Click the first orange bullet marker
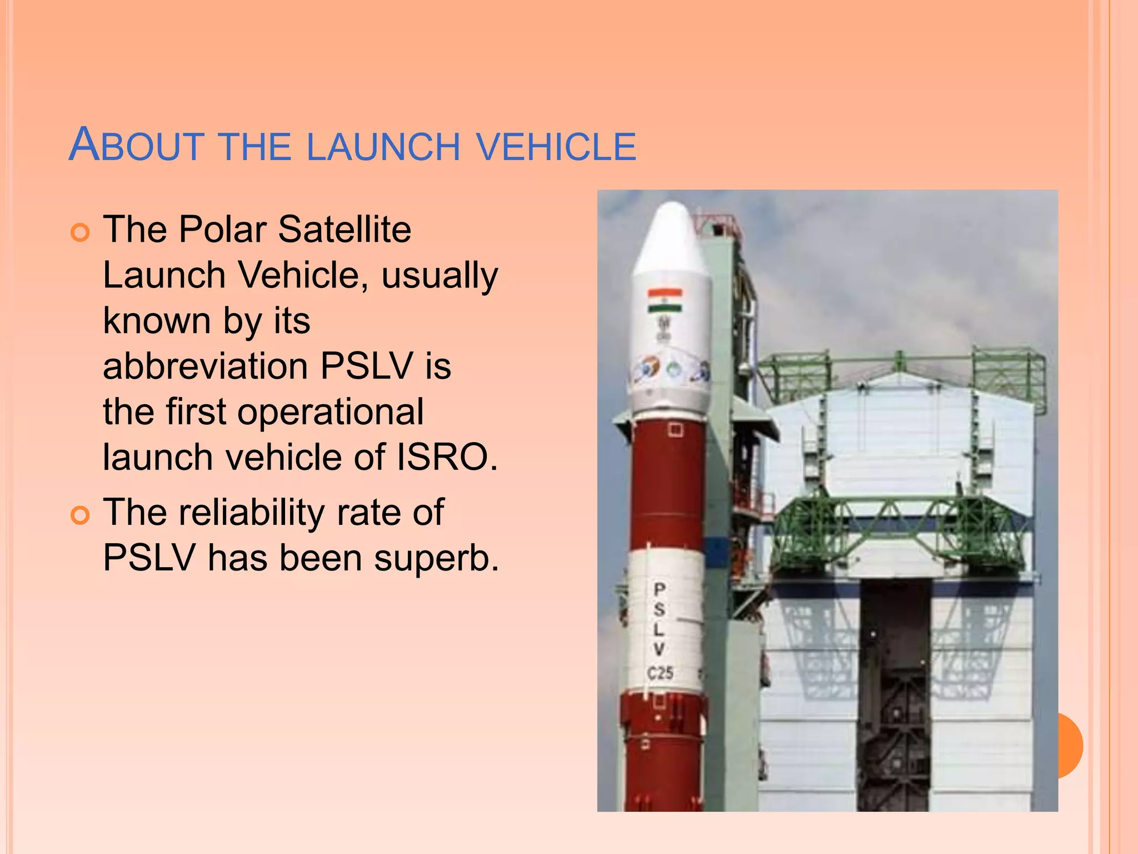[81, 232]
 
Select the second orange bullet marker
[81, 515]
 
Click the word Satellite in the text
[345, 229]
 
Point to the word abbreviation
[206, 366]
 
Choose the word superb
[436, 558]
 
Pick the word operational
[331, 411]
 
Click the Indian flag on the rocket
[665, 301]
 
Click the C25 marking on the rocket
[660, 673]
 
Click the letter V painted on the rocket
[659, 649]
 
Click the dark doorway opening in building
[894, 695]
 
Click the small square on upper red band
[676, 430]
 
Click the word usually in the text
[440, 276]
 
